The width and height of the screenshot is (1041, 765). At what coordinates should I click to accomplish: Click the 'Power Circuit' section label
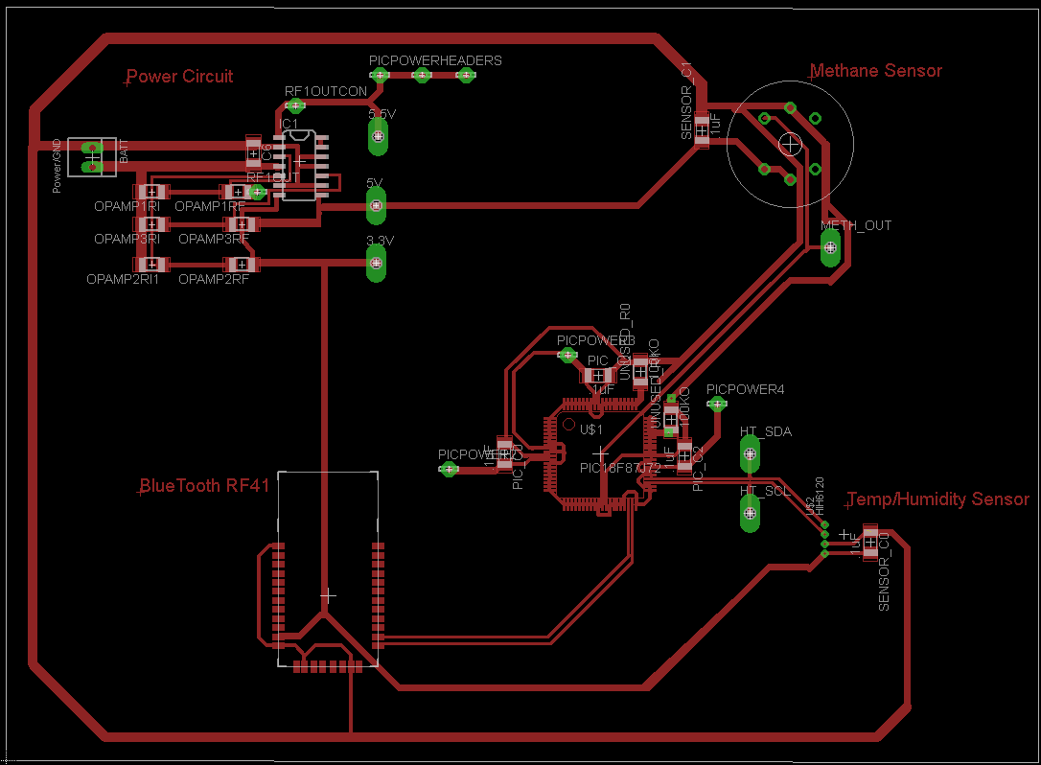pos(179,77)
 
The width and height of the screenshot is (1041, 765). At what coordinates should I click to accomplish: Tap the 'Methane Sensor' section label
pos(876,71)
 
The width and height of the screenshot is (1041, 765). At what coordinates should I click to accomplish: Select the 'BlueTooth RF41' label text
pos(204,486)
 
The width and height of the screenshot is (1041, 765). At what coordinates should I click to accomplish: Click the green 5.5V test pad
pos(377,137)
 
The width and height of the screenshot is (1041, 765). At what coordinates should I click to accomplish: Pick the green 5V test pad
pos(376,205)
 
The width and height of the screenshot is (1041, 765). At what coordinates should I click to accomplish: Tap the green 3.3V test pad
pos(376,263)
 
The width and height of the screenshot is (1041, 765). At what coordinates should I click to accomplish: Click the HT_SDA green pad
pos(750,452)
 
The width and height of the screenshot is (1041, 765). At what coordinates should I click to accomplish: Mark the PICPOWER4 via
pos(715,405)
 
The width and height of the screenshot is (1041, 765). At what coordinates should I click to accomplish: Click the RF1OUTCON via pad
pos(296,105)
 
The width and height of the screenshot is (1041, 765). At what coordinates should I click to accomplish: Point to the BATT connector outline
pos(92,156)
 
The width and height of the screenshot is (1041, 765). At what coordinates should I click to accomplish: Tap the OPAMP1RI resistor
pos(149,192)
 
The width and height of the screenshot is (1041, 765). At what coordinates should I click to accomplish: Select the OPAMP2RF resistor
pos(243,264)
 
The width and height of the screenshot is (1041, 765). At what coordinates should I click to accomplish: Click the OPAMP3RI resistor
pos(149,224)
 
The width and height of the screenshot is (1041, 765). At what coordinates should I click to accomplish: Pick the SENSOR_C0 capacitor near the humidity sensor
pos(869,543)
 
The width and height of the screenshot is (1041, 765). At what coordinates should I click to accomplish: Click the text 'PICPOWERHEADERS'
pos(435,60)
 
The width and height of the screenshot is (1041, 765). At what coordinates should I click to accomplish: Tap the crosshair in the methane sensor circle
pos(790,144)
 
